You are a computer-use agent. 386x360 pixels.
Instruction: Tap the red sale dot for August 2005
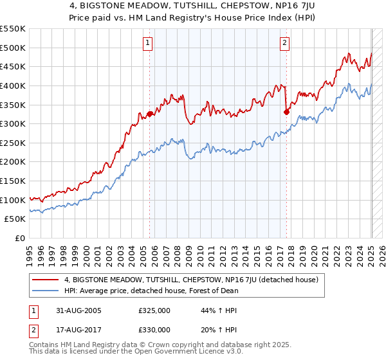150,114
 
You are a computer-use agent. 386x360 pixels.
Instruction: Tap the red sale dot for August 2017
287,112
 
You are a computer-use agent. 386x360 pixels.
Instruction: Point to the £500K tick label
13,48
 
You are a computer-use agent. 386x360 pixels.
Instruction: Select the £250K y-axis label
13,143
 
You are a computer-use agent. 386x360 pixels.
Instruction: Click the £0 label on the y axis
20,238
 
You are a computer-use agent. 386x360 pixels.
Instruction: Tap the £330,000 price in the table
154,330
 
